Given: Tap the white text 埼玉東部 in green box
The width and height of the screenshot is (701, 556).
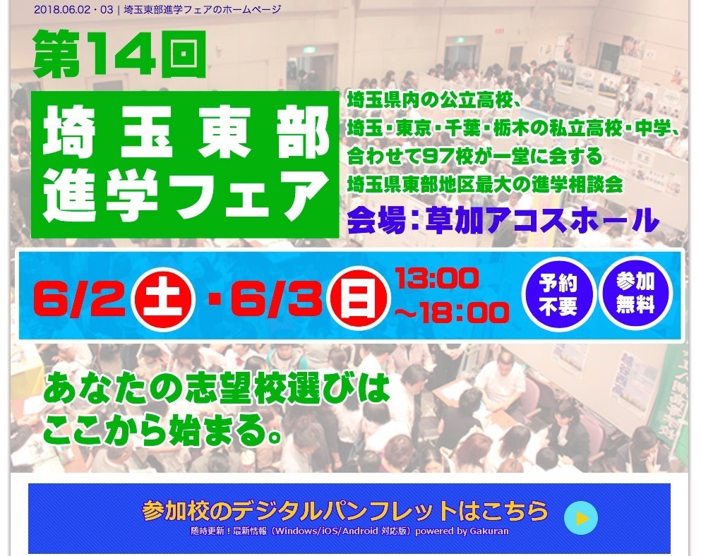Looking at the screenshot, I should pyautogui.click(x=185, y=135).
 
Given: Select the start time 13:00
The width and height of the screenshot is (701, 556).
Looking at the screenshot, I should pyautogui.click(x=436, y=279).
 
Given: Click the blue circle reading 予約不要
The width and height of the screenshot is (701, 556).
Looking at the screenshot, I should pyautogui.click(x=558, y=295).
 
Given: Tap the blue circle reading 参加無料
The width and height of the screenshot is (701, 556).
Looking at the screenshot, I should pyautogui.click(x=635, y=294).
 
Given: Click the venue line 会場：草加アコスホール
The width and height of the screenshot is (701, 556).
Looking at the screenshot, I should pyautogui.click(x=502, y=219).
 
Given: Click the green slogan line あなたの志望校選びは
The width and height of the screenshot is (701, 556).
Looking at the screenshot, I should pyautogui.click(x=216, y=389).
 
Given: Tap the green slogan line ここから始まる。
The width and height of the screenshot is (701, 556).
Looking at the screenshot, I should pyautogui.click(x=162, y=428).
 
